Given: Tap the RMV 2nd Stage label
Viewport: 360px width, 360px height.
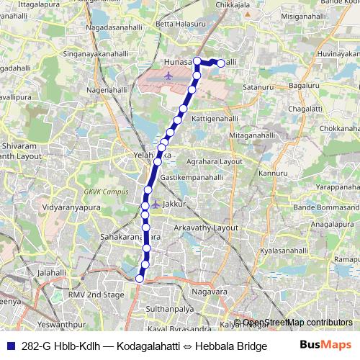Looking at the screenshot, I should tap(96, 295).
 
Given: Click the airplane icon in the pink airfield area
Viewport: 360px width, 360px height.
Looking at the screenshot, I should tap(168, 75).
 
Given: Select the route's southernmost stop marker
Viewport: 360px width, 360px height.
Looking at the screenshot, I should tap(140, 278).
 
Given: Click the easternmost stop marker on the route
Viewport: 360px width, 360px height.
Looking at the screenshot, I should tap(221, 63).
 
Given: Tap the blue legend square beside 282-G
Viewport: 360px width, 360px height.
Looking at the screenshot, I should tap(10, 345).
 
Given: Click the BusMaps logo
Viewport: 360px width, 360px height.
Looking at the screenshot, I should tap(325, 345).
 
